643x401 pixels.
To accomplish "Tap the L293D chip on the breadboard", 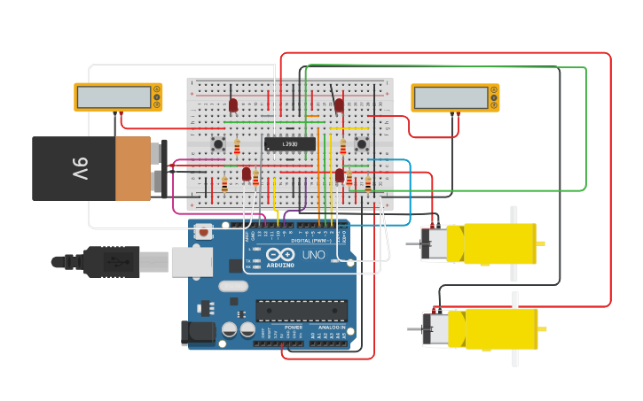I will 290,143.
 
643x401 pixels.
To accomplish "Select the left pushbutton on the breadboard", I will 217,143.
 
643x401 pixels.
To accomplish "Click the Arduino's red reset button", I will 204,233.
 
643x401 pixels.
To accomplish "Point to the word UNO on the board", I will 314,255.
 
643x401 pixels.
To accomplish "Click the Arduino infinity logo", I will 280,255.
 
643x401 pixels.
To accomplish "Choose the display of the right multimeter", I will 450,97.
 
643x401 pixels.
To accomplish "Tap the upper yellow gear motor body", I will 499,243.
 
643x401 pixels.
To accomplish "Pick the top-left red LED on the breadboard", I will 233,105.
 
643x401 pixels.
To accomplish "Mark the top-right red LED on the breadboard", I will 339,105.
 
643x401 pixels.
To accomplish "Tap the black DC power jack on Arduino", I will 197,333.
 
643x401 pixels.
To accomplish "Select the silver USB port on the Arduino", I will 192,261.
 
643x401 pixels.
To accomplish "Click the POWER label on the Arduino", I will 294,328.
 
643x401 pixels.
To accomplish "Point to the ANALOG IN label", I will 331,328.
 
